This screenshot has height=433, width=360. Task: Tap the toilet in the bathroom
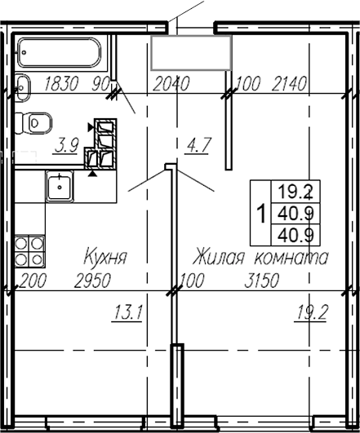34,122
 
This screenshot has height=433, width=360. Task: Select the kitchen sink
60,187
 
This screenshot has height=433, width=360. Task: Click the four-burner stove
29,250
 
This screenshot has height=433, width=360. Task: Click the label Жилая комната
260,258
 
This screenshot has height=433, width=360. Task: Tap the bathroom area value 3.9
66,146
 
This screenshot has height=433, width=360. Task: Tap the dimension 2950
92,281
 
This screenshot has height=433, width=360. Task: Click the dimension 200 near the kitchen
29,281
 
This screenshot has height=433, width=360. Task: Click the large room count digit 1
260,214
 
